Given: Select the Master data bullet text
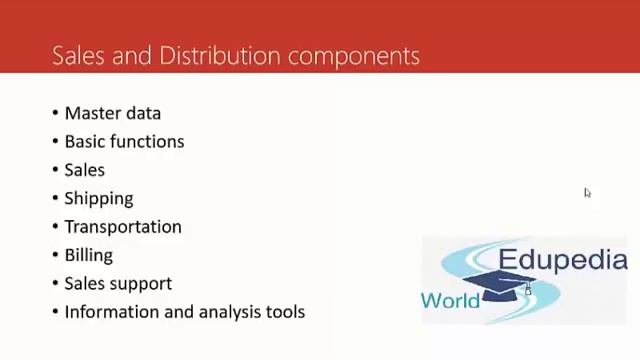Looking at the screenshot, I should [x=113, y=114].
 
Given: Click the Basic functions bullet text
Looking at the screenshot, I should [x=124, y=142].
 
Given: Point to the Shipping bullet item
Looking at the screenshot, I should [x=99, y=199].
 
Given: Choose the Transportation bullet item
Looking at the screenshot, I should [x=123, y=227].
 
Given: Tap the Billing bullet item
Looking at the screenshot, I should [x=89, y=255].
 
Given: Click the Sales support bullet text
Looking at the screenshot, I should [x=118, y=284].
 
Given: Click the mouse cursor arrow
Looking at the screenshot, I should [x=587, y=193].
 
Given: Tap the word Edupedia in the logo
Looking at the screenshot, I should [x=563, y=261].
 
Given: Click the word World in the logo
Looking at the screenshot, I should [x=450, y=300].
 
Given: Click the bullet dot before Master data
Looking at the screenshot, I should [x=55, y=114].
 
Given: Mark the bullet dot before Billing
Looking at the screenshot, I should [x=55, y=256].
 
